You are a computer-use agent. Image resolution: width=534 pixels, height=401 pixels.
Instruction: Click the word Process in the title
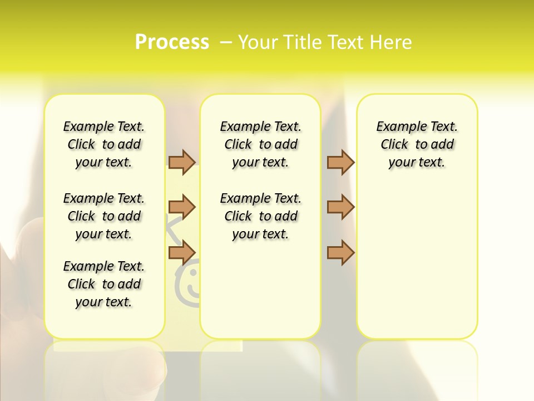[x=172, y=42]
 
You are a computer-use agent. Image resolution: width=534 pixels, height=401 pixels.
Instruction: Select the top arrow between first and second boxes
[x=182, y=162]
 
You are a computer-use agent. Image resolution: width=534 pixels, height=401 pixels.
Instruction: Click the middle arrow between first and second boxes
[x=182, y=207]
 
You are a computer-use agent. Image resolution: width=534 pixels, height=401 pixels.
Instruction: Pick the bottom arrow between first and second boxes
[x=182, y=252]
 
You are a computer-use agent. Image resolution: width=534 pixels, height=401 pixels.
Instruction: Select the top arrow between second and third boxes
[x=340, y=162]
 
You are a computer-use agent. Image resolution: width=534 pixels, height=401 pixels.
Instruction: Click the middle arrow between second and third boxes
[x=340, y=207]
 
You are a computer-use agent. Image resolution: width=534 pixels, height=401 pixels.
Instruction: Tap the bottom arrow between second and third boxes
[x=340, y=252]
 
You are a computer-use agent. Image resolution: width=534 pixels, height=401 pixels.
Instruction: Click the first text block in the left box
[x=104, y=144]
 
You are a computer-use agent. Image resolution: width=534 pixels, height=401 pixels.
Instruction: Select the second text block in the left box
[x=104, y=216]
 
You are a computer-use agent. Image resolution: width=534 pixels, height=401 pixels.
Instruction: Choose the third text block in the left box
[x=104, y=284]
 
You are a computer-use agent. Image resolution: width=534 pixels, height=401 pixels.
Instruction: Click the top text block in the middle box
[x=260, y=144]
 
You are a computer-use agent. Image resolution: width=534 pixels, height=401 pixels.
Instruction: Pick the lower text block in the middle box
[x=260, y=216]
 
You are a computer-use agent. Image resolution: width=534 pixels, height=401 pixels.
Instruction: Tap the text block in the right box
[x=417, y=144]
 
